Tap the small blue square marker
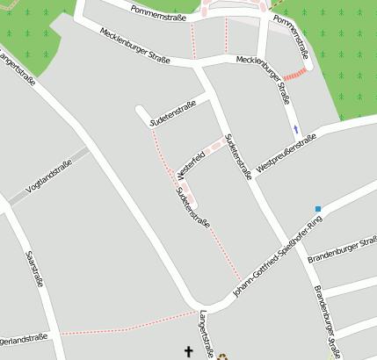pyautogui.click(x=318, y=209)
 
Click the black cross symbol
pyautogui.click(x=187, y=351)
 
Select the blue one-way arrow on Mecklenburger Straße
pyautogui.click(x=296, y=129)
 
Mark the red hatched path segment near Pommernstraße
pyautogui.click(x=295, y=75)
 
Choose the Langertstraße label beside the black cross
pyautogui.click(x=207, y=335)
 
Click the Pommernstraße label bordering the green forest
pyautogui.click(x=291, y=37)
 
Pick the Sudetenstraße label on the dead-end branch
pyautogui.click(x=172, y=115)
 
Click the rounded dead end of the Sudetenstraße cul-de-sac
pyautogui.click(x=139, y=111)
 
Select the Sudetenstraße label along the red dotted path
pyautogui.click(x=192, y=207)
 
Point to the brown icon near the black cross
pyautogui.click(x=222, y=356)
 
